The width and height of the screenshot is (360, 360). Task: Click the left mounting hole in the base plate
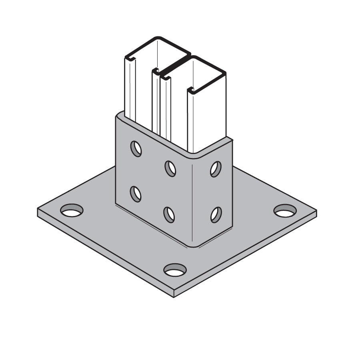pos(72,210)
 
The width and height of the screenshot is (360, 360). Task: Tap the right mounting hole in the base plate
pos(285,211)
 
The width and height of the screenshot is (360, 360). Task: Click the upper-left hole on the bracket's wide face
pos(136,149)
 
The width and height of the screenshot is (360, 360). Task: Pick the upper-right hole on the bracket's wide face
pos(170,168)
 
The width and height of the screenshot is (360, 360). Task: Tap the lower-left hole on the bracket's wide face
pos(136,194)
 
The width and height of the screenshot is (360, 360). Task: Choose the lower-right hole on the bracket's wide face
pos(169,214)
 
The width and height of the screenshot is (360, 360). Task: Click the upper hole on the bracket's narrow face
pos(216,169)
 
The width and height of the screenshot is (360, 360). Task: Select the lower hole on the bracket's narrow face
pos(216,215)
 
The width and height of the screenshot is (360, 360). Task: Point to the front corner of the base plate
pos(174,296)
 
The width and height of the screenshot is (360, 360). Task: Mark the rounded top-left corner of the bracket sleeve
pos(119,116)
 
